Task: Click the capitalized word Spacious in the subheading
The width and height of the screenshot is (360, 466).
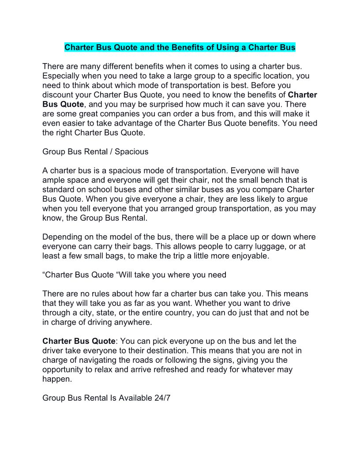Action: (x=131, y=152)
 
